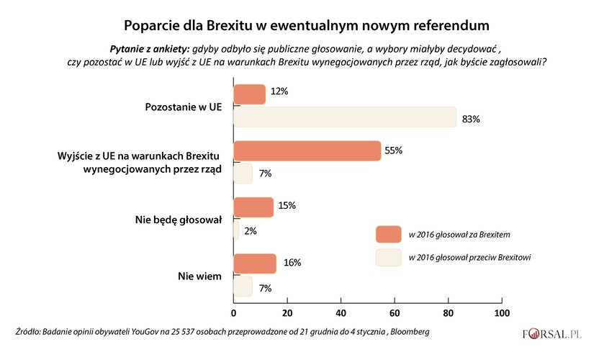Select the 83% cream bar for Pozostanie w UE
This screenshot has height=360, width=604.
pos(345,117)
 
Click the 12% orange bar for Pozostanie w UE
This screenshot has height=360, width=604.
pos(249,94)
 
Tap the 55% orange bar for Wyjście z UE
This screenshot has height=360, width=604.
pos(307,151)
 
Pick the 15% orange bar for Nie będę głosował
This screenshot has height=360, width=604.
pos(253,207)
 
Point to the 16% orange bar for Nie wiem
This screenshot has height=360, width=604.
pos(255,264)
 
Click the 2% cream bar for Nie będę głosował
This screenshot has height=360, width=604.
pos(236,230)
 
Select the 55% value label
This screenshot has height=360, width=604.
pos(394,150)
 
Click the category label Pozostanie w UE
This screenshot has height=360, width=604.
pos(184,106)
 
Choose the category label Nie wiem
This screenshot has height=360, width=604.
pos(203,275)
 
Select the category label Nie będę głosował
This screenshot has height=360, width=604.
pos(179,219)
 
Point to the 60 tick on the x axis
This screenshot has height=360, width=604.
pos(395,313)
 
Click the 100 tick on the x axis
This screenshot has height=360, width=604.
pos(502,313)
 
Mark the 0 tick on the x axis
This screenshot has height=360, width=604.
pos(234,313)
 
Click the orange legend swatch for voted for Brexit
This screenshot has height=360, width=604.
pos(388,234)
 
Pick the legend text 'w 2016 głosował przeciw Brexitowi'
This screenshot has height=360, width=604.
pos(469,257)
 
